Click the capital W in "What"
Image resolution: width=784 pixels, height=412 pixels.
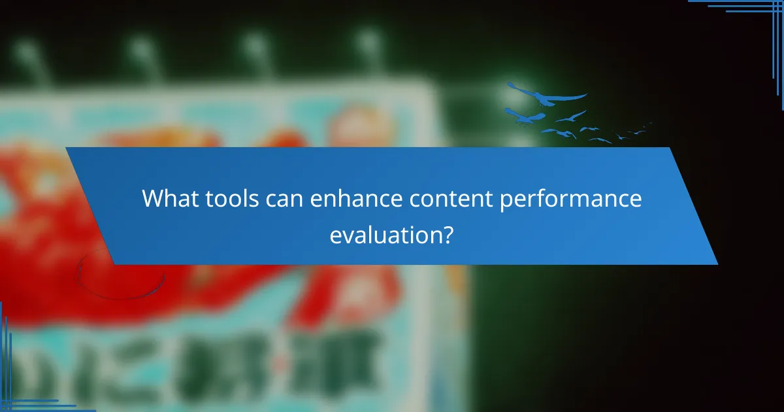(154, 199)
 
